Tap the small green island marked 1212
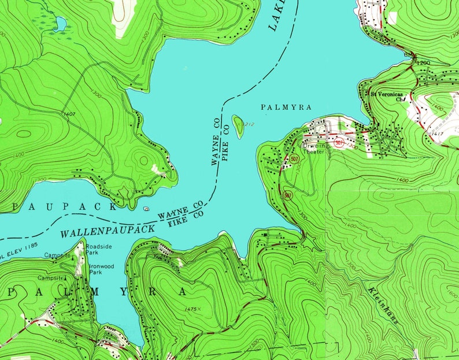click(238, 124)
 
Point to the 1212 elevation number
click(249, 124)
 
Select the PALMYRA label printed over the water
click(286, 107)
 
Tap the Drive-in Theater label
click(316, 149)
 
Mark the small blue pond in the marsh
click(60, 24)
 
